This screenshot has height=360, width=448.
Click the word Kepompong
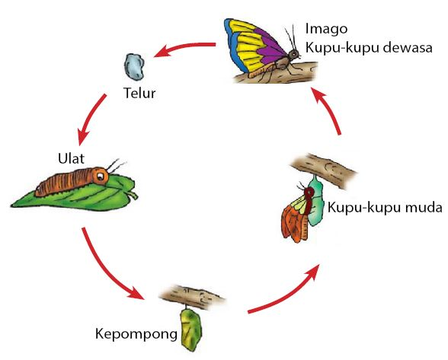tap(136, 333)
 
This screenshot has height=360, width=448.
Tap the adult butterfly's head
tap(293, 55)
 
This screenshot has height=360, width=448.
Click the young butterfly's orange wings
tap(293, 221)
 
